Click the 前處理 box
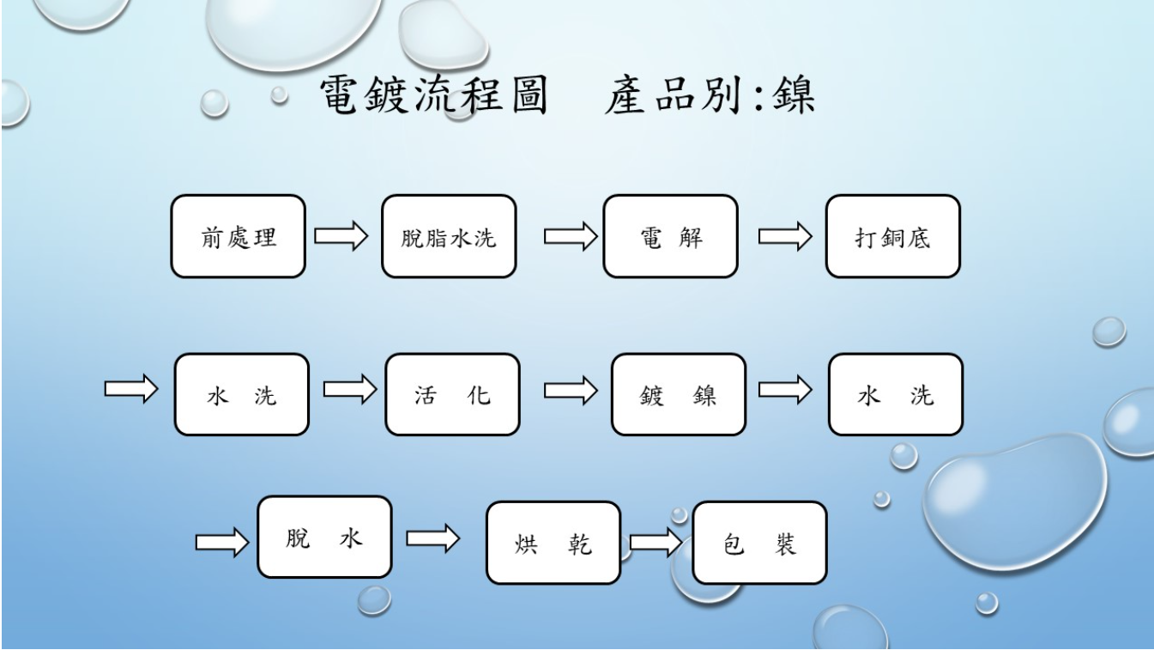238,237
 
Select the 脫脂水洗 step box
449,237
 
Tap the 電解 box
670,237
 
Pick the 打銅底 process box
892,237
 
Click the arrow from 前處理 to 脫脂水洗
341,236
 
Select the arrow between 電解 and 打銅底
785,236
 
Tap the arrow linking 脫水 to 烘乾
432,538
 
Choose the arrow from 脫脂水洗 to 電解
571,236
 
